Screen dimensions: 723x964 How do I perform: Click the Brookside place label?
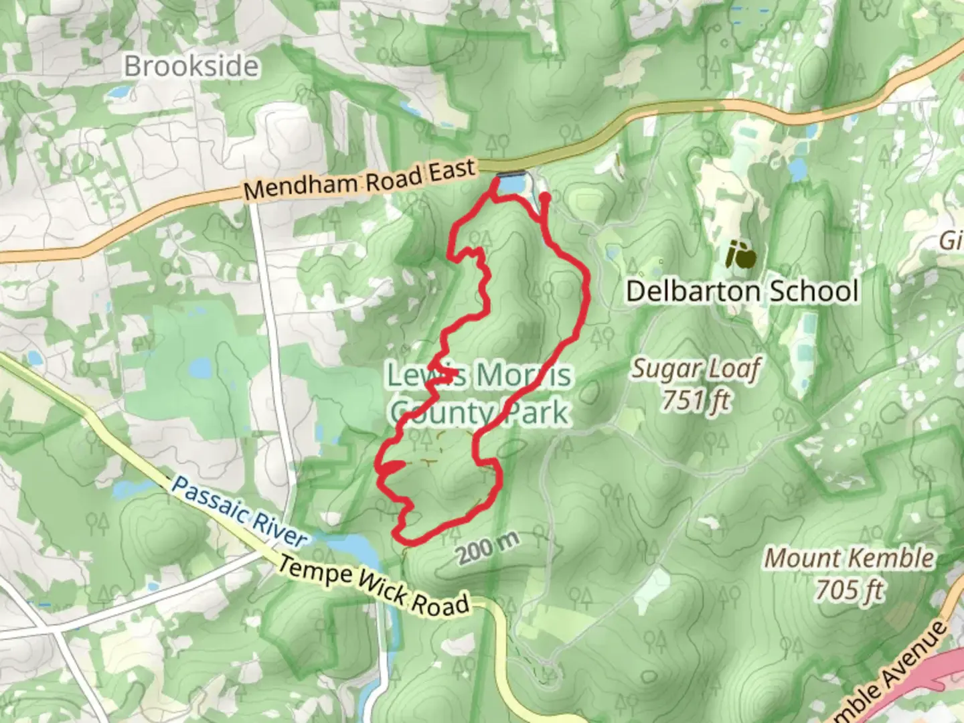[191, 66]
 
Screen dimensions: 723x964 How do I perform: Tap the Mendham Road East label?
[359, 179]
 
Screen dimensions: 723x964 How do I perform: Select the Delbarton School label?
[742, 291]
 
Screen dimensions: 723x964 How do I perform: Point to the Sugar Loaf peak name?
[696, 368]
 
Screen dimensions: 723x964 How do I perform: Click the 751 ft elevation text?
[696, 400]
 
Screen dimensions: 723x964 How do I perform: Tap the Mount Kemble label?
[850, 557]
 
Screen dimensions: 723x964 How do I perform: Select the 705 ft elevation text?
[850, 590]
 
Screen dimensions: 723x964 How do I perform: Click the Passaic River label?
[238, 511]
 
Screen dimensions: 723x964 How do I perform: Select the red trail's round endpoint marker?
[545, 197]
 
